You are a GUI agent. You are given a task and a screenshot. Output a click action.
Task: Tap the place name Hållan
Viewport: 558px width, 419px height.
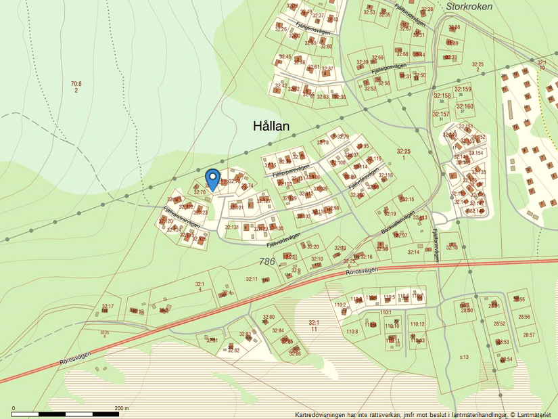(x=271, y=126)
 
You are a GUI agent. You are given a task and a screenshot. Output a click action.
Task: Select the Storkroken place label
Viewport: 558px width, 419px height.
(x=469, y=6)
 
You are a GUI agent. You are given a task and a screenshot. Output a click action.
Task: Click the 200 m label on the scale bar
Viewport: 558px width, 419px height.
(x=122, y=408)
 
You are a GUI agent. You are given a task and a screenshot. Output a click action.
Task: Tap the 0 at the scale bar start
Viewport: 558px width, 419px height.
(x=14, y=408)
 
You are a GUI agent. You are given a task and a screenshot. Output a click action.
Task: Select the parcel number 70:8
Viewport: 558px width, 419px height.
(x=76, y=84)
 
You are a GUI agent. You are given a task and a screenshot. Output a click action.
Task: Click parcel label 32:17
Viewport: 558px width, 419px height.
(x=108, y=307)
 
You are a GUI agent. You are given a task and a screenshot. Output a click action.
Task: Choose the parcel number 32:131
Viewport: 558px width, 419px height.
(x=232, y=227)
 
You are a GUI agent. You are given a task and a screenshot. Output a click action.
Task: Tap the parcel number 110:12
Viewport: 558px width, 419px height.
(x=417, y=324)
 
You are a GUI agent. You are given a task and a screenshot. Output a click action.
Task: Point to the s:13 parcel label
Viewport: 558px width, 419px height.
(x=464, y=356)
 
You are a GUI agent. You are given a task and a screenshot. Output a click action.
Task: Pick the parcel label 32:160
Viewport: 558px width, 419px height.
(x=464, y=106)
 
